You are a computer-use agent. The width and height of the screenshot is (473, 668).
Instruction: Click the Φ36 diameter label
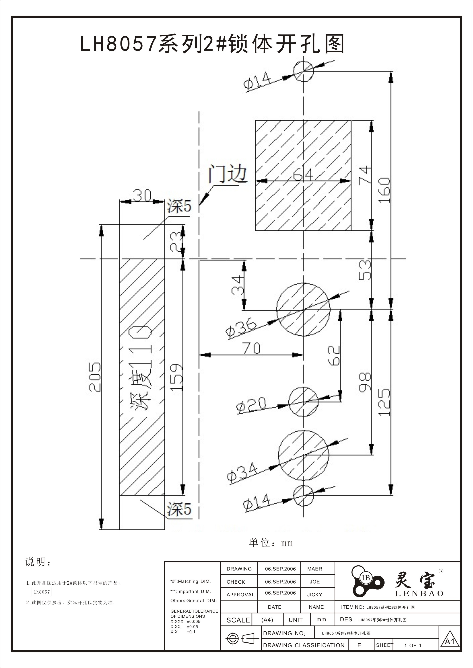point(241,329)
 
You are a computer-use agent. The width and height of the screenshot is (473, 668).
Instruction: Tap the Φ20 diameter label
point(251,405)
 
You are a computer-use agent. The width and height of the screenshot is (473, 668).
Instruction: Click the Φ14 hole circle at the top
point(303,71)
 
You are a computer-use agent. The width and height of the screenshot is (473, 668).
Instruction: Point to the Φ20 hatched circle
point(303,402)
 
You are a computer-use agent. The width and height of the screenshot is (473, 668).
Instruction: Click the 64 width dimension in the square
point(303,175)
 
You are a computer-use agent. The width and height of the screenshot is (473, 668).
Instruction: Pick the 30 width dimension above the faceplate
point(142,195)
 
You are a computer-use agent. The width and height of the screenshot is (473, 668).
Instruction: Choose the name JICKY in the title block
point(315,595)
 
